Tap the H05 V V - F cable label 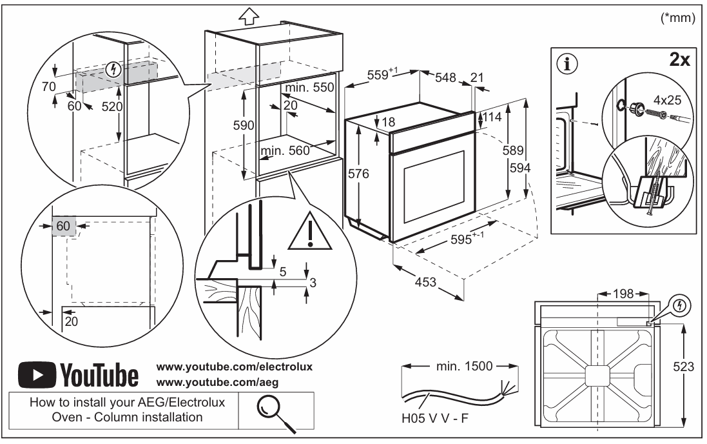click(433, 418)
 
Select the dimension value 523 click(684, 367)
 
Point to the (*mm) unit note click(678, 19)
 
